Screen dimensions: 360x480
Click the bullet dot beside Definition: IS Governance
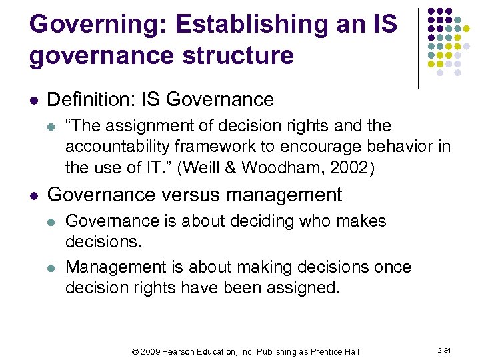(x=34, y=101)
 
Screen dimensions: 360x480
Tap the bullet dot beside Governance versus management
(x=34, y=196)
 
